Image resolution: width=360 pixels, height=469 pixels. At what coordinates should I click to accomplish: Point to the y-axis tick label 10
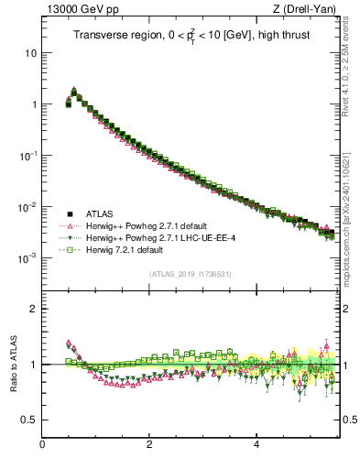tap(32, 52)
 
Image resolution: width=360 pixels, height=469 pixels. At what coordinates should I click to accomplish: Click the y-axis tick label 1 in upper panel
tap(35, 104)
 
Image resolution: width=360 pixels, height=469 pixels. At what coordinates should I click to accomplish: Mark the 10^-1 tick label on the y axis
tap(30, 156)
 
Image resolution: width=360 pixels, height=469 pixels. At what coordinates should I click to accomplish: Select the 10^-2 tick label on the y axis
tap(30, 207)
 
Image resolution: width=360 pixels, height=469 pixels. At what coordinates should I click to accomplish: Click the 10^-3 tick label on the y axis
tap(30, 258)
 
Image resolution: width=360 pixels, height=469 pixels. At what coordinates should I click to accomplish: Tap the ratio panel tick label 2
tap(35, 309)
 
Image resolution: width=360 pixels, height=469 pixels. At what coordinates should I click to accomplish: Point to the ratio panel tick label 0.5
tap(30, 420)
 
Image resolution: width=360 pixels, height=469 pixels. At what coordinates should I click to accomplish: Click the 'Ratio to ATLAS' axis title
tap(12, 365)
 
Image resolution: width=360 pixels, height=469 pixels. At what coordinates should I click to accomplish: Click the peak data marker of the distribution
tap(74, 92)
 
